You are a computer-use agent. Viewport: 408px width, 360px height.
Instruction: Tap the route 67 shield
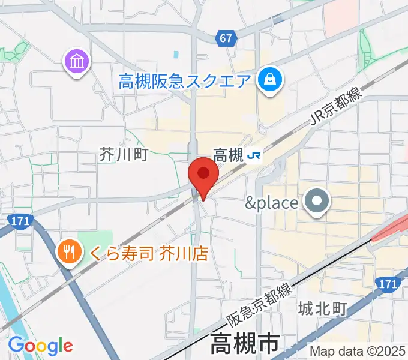[226, 38]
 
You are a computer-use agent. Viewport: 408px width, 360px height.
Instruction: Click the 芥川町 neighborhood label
[123, 155]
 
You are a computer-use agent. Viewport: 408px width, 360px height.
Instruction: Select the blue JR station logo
[254, 156]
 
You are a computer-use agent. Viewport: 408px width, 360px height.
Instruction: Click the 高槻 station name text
[228, 156]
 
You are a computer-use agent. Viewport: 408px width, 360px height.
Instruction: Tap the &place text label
[272, 203]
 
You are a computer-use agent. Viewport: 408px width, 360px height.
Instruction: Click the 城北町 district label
[323, 309]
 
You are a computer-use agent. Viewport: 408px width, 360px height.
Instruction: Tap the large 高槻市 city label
[245, 345]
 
